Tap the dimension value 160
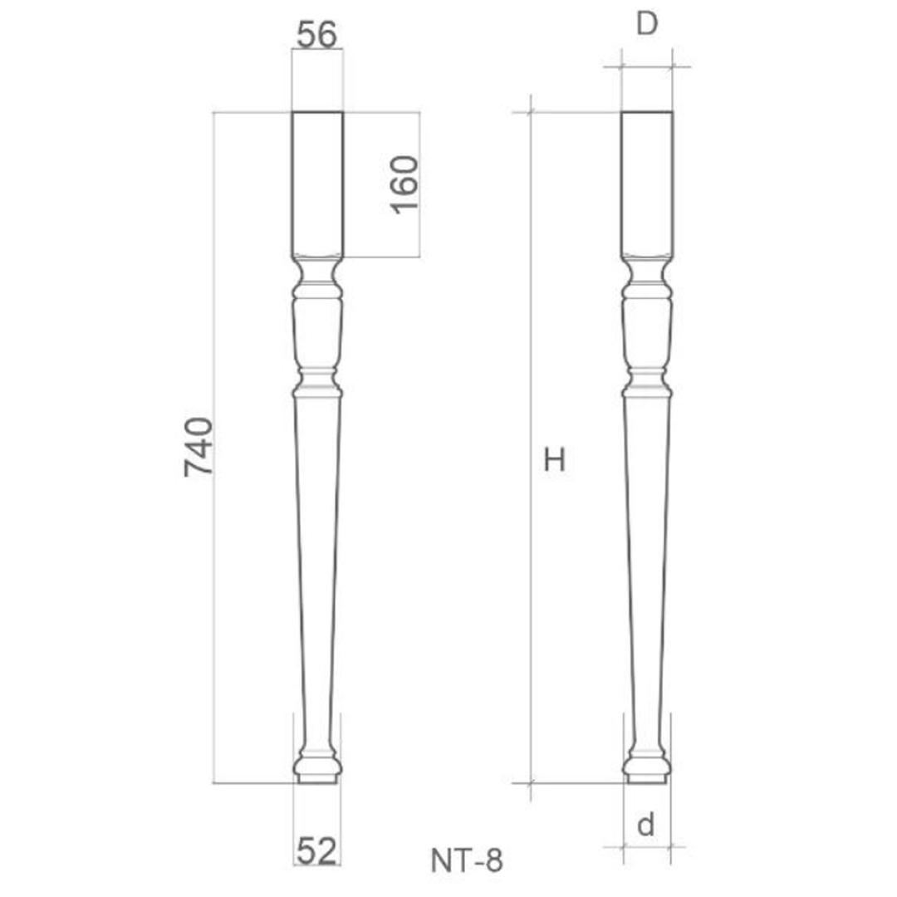point(405,184)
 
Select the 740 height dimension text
point(199,447)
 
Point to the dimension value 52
point(316,850)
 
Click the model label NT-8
point(467,860)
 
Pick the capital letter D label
point(647,25)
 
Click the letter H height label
point(555,460)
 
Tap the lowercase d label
point(646,825)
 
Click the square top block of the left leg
point(317,183)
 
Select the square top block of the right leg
point(647,183)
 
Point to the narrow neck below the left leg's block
point(317,270)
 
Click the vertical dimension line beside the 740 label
point(214,581)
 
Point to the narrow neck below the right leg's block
point(647,270)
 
